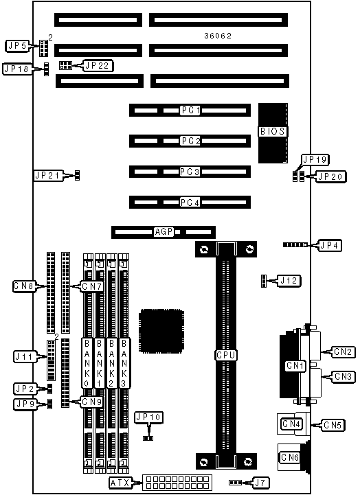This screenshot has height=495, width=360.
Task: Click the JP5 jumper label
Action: click(x=18, y=46)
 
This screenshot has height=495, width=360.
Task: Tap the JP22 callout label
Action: click(x=98, y=66)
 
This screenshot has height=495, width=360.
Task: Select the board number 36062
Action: click(x=218, y=36)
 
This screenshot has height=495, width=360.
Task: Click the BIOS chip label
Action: click(x=273, y=131)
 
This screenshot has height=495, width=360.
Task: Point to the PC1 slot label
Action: click(x=191, y=111)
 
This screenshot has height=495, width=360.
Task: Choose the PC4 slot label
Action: click(x=190, y=202)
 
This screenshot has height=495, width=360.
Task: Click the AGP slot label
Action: click(x=164, y=232)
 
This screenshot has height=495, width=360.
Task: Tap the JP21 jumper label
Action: click(x=47, y=175)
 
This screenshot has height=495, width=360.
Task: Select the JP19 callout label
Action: click(x=315, y=160)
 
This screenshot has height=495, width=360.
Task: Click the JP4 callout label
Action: click(x=329, y=245)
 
